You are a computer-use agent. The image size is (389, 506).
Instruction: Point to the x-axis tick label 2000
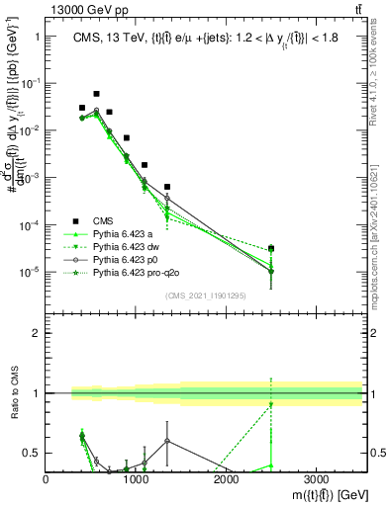(x=226, y=478)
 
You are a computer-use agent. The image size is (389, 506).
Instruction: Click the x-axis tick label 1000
(x=136, y=478)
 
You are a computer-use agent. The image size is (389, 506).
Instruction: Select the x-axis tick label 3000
(x=316, y=478)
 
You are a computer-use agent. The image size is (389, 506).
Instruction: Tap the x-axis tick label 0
(x=47, y=478)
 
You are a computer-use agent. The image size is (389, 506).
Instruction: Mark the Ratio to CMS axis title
(x=13, y=393)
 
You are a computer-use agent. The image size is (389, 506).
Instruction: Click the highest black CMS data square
(x=96, y=94)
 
